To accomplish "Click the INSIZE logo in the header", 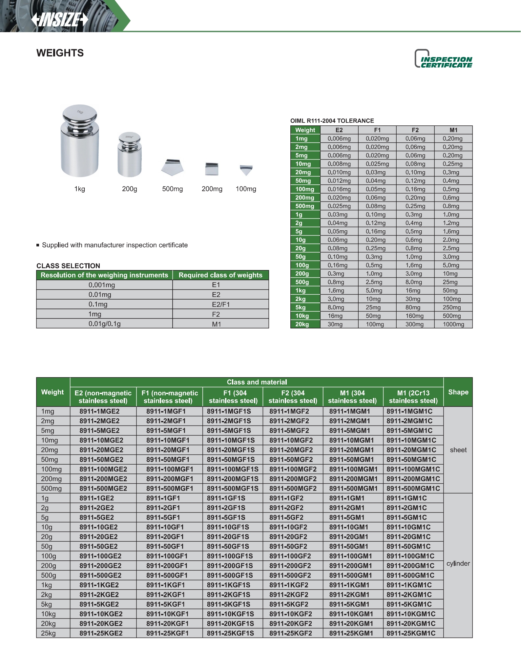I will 60,19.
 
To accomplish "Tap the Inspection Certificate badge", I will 444,59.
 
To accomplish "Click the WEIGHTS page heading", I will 60,53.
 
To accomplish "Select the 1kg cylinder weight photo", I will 80,141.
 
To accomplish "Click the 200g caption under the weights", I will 130,189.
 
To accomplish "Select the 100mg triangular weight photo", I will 246,170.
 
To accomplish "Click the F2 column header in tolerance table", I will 415,130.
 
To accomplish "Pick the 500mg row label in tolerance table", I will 305,206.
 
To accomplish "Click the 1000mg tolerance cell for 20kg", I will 453,324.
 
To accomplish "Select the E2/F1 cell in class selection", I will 220,304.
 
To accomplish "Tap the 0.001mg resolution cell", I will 102,285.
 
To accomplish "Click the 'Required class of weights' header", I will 220,275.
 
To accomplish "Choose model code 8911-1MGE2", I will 99,411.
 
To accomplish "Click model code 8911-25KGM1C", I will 411,633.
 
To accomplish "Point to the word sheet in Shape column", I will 458,450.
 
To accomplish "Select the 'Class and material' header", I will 257,382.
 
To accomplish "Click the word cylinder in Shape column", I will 458,563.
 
